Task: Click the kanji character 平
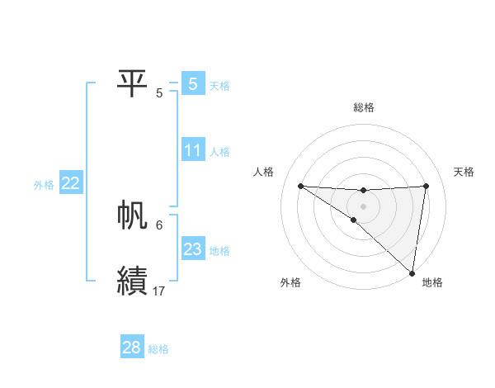[x=132, y=83]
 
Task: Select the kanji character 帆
[x=132, y=215]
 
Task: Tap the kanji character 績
[x=132, y=281]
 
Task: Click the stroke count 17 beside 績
[x=159, y=291]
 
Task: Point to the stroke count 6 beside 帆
[x=159, y=225]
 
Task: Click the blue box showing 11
[x=193, y=150]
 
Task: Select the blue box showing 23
[x=193, y=249]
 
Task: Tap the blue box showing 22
[x=70, y=183]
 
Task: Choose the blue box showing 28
[x=132, y=348]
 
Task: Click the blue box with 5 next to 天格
[x=193, y=83]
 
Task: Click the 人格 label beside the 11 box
[x=219, y=152]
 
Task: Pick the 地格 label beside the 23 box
[x=219, y=251]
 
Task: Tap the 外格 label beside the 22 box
[x=44, y=185]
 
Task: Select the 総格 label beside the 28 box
[x=158, y=349]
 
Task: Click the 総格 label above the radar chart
[x=363, y=107]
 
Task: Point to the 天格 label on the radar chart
[x=464, y=172]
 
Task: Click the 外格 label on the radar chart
[x=290, y=283]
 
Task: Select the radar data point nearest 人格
[x=300, y=186]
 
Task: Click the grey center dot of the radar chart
[x=363, y=206]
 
